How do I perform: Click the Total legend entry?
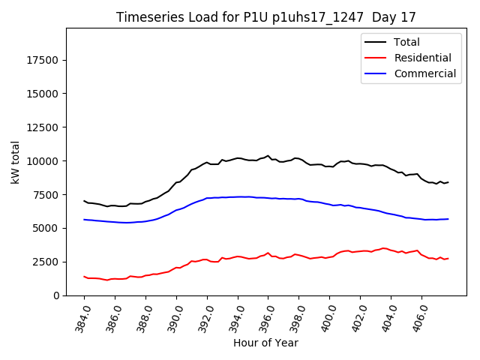(406, 42)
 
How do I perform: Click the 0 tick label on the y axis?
(56, 295)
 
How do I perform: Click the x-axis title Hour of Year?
(265, 343)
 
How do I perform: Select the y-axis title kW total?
(16, 162)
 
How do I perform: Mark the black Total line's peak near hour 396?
(268, 156)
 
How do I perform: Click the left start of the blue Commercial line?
(84, 220)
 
